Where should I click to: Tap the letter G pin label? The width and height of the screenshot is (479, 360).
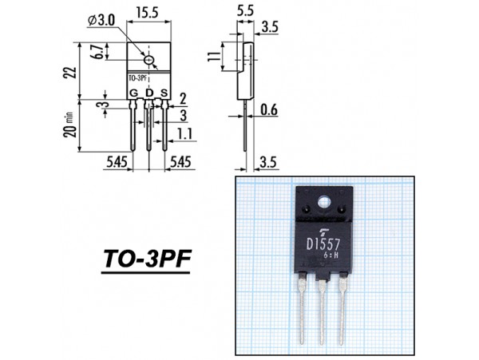(133, 94)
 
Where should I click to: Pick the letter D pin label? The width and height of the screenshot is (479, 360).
(149, 94)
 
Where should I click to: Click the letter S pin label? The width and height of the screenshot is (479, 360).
(164, 94)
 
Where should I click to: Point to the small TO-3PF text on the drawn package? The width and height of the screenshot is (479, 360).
(137, 79)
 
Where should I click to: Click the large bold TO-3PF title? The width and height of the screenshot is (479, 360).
(148, 259)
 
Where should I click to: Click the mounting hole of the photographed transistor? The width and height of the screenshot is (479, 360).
(324, 202)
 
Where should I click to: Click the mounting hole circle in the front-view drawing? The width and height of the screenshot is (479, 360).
(149, 60)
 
